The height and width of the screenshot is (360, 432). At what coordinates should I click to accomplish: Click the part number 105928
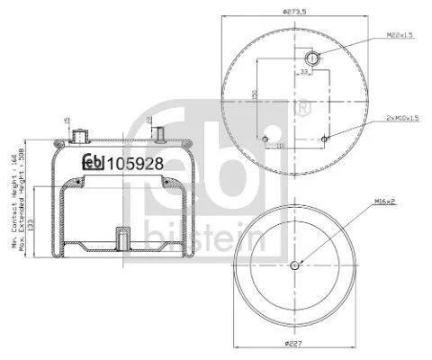click(x=132, y=163)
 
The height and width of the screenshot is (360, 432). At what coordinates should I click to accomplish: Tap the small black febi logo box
click(x=94, y=163)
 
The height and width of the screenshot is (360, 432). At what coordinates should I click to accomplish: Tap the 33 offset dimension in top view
click(x=305, y=72)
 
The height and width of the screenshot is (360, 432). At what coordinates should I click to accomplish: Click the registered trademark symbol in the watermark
click(x=303, y=110)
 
